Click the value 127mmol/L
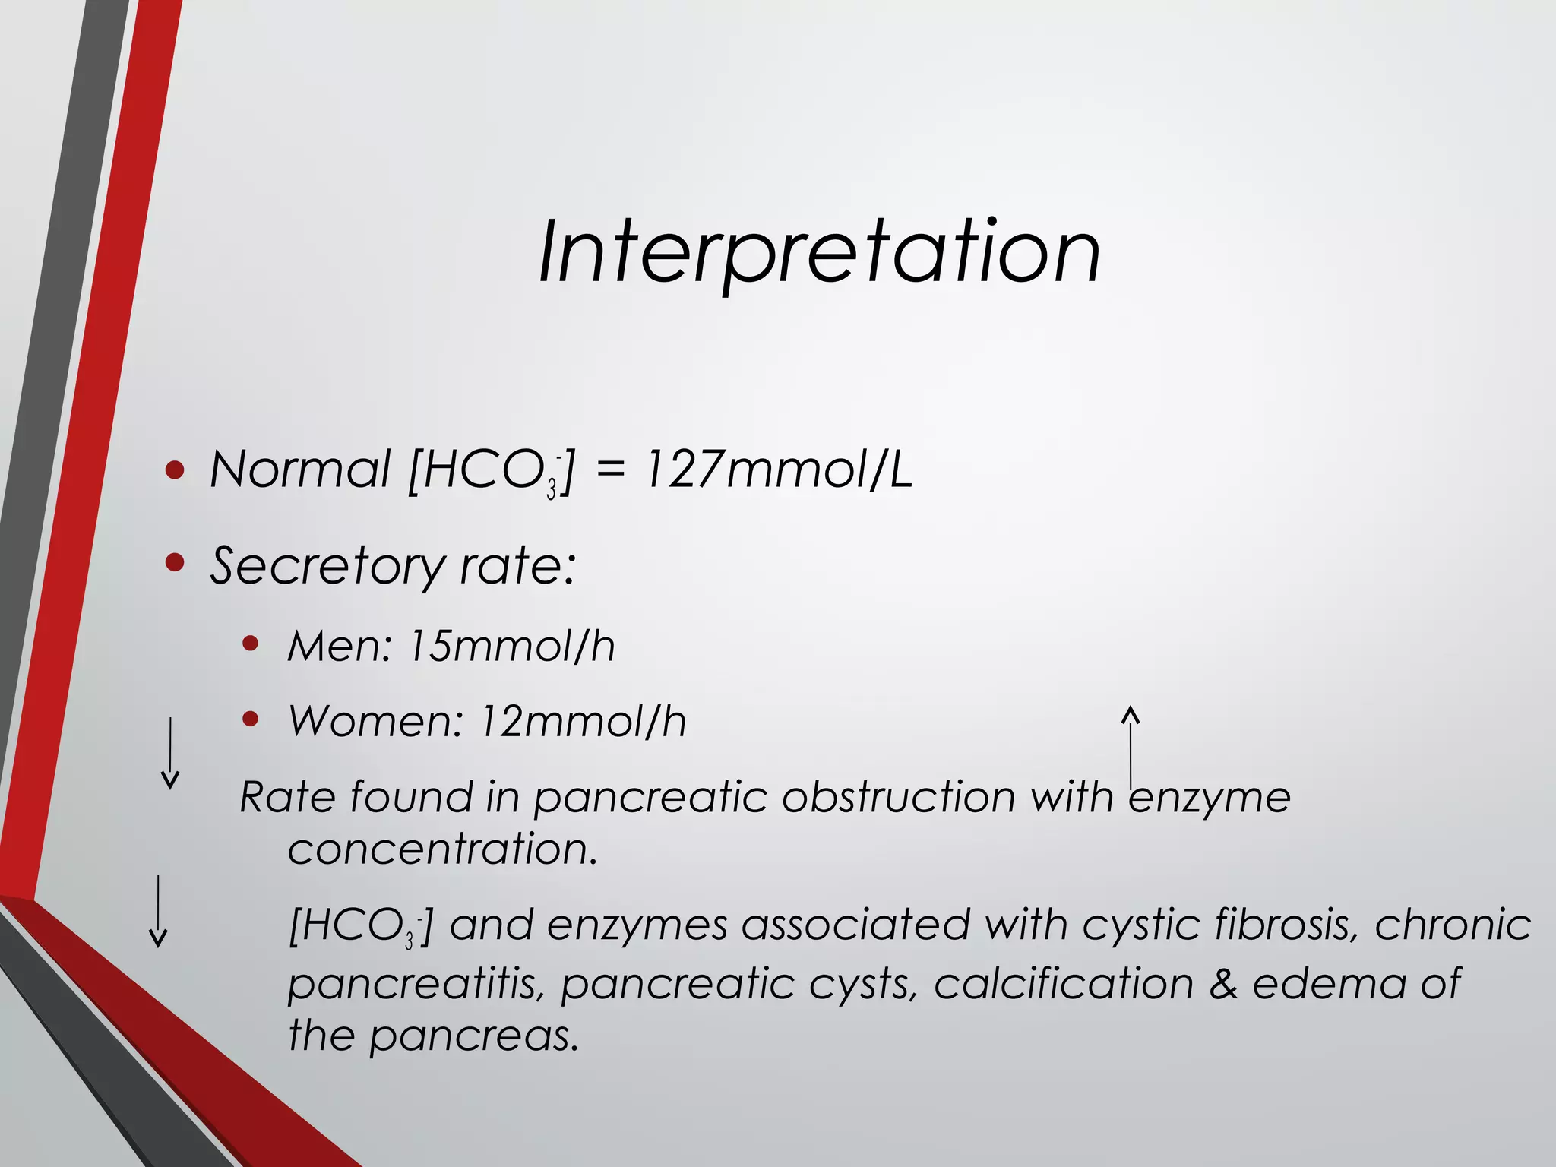pos(778,470)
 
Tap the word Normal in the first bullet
pos(300,470)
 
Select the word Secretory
pos(327,566)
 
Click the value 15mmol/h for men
pos(511,647)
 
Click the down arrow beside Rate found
pos(170,753)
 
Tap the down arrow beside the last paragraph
pos(157,911)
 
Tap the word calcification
pos(1063,984)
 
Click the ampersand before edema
pos(1222,984)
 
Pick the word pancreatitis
pos(417,984)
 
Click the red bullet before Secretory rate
pos(175,563)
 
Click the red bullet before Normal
pos(175,470)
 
